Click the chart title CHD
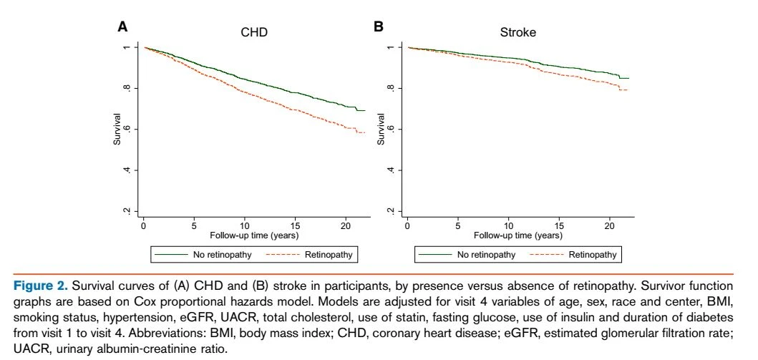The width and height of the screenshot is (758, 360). coord(254,32)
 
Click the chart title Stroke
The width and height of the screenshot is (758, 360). coord(518,32)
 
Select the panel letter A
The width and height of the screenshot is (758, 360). coord(123,26)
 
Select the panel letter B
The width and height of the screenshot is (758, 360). coord(379,26)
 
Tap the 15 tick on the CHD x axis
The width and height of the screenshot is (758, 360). coord(296,226)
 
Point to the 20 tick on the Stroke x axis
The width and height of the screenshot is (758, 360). coord(610,226)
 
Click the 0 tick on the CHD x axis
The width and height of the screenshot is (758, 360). coord(144,226)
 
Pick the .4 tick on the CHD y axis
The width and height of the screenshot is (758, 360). coord(127,170)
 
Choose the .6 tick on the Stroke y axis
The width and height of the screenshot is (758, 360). coord(391,129)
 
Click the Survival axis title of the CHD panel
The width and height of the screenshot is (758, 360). coord(117,129)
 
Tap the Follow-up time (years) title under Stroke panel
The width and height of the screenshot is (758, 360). coord(518,235)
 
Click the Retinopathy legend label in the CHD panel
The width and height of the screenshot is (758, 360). coord(329,255)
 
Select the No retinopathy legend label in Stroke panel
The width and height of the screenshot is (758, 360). coord(486,255)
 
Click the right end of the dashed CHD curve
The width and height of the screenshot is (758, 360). coord(365,132)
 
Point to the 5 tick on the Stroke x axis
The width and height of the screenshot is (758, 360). coord(458,226)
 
